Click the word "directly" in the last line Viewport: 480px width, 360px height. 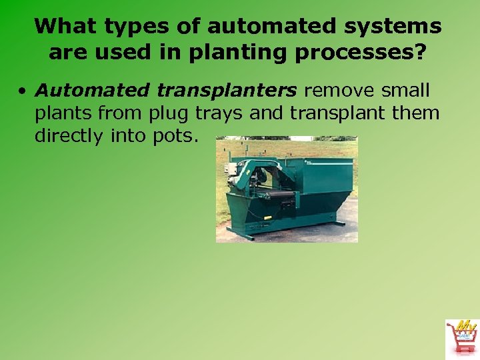(69, 136)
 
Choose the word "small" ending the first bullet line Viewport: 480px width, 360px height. (406, 90)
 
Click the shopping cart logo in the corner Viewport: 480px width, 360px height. (461, 337)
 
